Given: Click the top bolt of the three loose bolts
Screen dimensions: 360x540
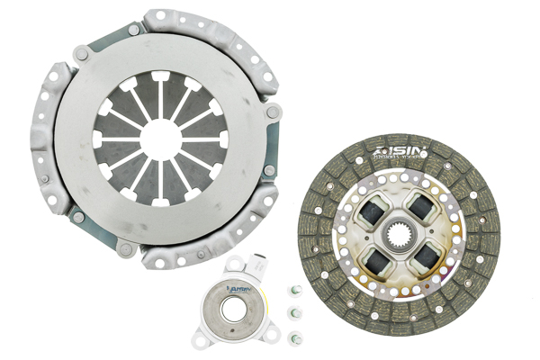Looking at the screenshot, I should pyautogui.click(x=293, y=291).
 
